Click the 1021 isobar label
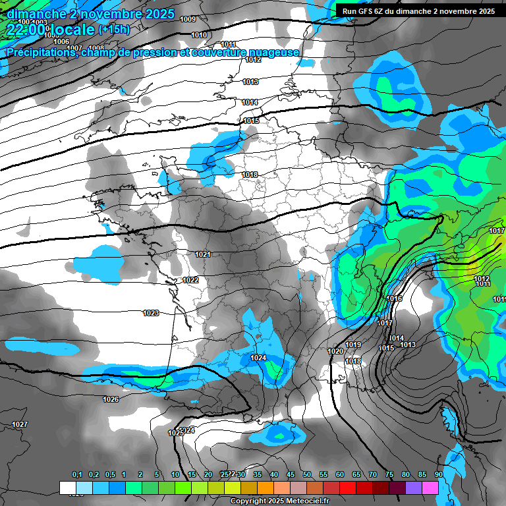coord(202,254)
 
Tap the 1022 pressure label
coord(190,280)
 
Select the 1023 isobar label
coord(151,313)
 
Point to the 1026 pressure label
coord(111,399)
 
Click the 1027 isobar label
coord(20,424)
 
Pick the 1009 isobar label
coord(188,19)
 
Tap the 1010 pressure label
coord(199,35)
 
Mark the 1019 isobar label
coord(353,345)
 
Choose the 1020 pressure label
coord(335,351)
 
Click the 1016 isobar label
coord(394,298)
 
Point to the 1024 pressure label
coord(258,358)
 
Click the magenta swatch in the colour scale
coord(430,488)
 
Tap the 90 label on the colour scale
coord(438,474)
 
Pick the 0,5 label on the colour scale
coord(109,474)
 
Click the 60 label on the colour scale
coord(339,474)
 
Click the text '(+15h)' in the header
coord(115,30)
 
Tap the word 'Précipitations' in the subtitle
coord(40,52)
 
